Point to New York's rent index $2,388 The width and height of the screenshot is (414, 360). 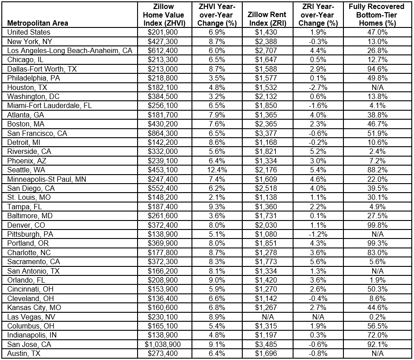(267, 41)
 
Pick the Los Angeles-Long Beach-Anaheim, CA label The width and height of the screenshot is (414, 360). (70, 50)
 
